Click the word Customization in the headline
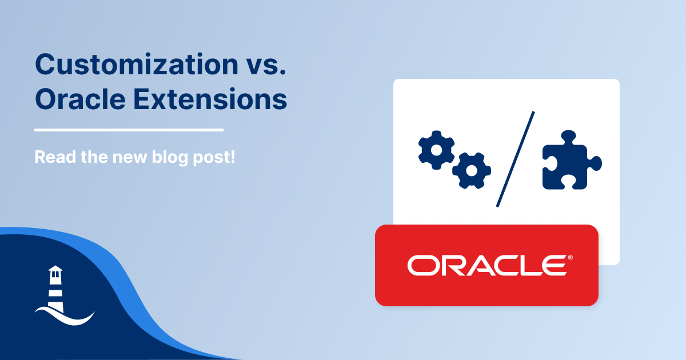click(137, 65)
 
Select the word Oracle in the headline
click(80, 99)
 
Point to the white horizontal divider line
click(129, 130)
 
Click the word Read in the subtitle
click(55, 157)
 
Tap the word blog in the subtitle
click(170, 158)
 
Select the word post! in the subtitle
click(214, 158)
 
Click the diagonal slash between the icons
click(516, 159)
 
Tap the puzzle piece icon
click(572, 160)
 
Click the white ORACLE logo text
click(486, 265)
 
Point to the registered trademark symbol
click(571, 258)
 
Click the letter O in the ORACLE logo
click(422, 265)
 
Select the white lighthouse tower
click(55, 289)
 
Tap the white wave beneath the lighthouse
click(65, 317)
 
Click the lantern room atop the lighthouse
click(55, 272)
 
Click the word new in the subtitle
click(130, 158)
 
